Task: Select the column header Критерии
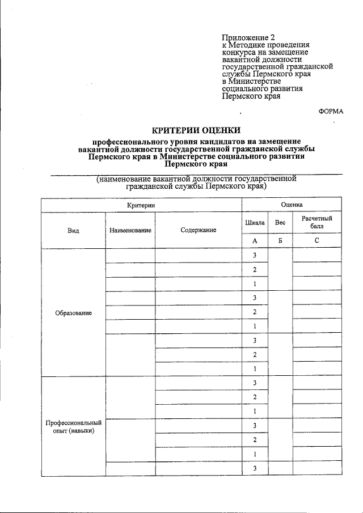click(x=141, y=204)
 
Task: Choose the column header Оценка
click(x=292, y=204)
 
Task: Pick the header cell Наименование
click(x=130, y=230)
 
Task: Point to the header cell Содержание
click(x=199, y=230)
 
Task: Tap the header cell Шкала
click(x=255, y=223)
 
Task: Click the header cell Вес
click(x=280, y=223)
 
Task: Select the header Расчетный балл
click(x=317, y=222)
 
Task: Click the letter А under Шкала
click(x=255, y=241)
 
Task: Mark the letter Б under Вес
click(x=280, y=241)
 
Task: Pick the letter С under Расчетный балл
click(x=317, y=241)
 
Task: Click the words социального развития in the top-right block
click(x=262, y=88)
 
